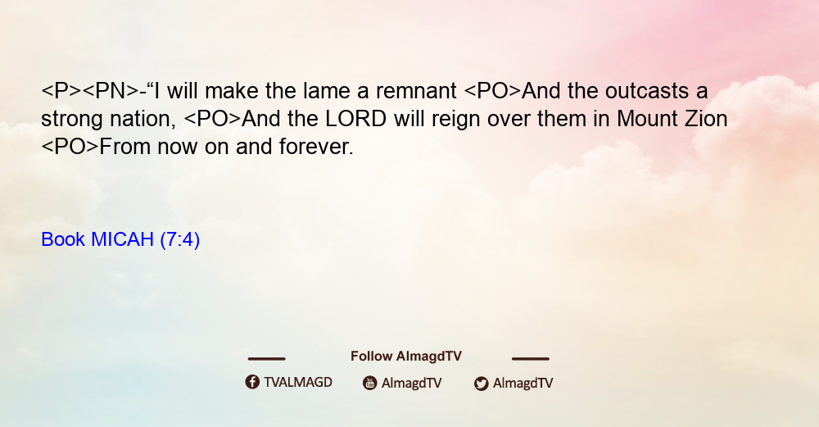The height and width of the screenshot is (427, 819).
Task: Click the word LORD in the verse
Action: tap(355, 119)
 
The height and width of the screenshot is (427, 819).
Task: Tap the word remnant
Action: tap(416, 91)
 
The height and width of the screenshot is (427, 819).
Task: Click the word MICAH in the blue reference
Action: tap(122, 239)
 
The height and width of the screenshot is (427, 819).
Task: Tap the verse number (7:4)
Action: tap(179, 240)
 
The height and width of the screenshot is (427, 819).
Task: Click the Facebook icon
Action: tap(252, 382)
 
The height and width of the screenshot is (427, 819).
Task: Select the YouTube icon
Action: tap(370, 383)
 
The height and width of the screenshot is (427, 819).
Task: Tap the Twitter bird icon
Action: tap(482, 384)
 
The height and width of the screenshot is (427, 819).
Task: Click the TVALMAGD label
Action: tap(298, 382)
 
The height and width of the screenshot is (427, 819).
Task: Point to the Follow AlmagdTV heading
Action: tap(406, 356)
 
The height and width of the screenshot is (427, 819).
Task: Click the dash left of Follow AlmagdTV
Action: tap(266, 358)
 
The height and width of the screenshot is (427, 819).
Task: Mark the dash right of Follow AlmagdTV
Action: tap(530, 358)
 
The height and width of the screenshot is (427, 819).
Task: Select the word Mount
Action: tap(645, 119)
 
